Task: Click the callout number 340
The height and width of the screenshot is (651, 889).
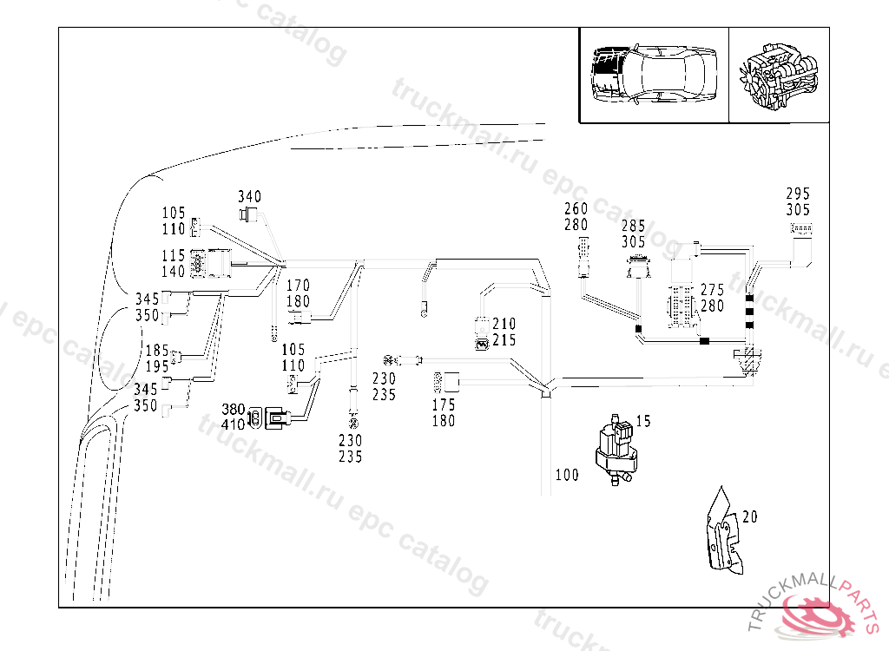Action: click(x=250, y=197)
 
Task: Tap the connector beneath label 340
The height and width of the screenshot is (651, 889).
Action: click(x=249, y=214)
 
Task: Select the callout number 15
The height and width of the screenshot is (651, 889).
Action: click(x=643, y=421)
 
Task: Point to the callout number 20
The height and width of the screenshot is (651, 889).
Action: click(x=750, y=516)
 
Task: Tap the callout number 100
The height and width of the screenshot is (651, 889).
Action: click(x=567, y=475)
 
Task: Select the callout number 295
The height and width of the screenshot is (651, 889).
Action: click(x=798, y=194)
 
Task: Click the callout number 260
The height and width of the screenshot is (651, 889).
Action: click(x=576, y=208)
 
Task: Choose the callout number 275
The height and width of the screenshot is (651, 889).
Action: click(x=712, y=290)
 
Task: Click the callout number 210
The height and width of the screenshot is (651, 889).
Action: click(x=504, y=325)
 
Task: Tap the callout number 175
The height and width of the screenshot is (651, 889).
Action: click(x=444, y=404)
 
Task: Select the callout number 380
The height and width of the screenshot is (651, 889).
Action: click(x=234, y=409)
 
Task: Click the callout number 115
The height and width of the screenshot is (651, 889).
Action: click(x=174, y=256)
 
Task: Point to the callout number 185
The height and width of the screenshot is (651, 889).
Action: click(x=157, y=351)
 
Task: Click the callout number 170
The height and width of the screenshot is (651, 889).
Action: click(x=298, y=286)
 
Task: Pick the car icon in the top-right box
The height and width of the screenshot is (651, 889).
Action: click(x=653, y=75)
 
